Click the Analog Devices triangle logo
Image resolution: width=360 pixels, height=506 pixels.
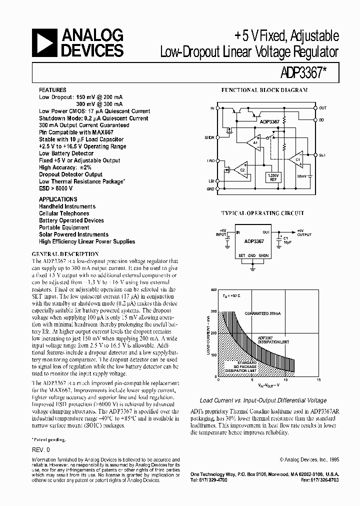[44, 42]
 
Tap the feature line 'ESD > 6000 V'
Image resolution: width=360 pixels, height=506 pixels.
[56, 188]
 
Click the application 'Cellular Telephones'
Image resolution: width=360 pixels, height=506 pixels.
[64, 213]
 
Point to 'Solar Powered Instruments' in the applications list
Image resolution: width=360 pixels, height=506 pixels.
[73, 234]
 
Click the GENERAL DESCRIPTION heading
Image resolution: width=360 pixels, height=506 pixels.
[64, 253]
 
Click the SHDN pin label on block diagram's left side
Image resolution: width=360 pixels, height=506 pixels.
[209, 137]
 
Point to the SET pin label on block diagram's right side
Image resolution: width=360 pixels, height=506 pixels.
[322, 155]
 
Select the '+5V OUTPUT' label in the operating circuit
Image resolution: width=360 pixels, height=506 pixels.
[304, 232]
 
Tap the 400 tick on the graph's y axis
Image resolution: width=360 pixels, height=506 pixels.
[213, 290]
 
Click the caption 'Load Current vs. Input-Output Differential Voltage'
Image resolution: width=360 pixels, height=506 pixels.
[263, 400]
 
